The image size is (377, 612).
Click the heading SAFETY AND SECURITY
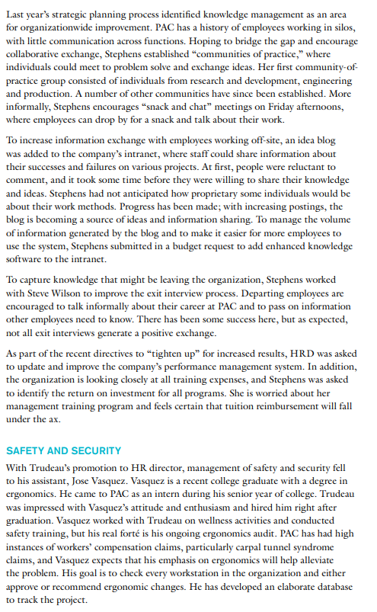click(x=63, y=450)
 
